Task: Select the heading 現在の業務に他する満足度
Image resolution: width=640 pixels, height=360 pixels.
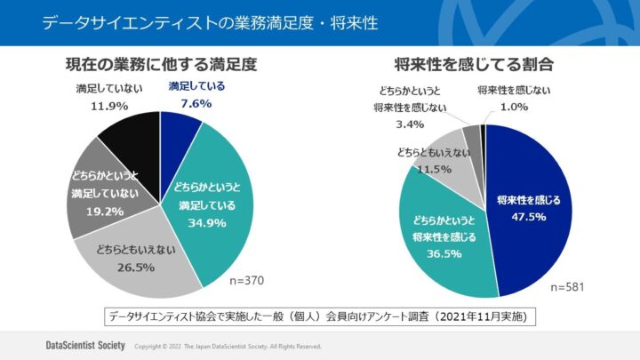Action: point(162,65)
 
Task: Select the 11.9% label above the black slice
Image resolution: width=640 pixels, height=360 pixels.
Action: point(109,107)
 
